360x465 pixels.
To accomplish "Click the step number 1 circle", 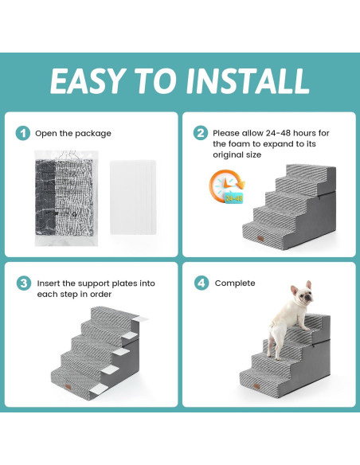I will pyautogui.click(x=23, y=133).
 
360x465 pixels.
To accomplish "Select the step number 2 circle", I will pyautogui.click(x=201, y=133).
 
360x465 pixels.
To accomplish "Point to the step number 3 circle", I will pyautogui.click(x=23, y=283).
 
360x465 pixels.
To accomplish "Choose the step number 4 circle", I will pyautogui.click(x=201, y=283).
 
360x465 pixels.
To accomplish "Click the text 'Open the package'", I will pyautogui.click(x=74, y=133).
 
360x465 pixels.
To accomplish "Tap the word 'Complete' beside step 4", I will pyautogui.click(x=235, y=283).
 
